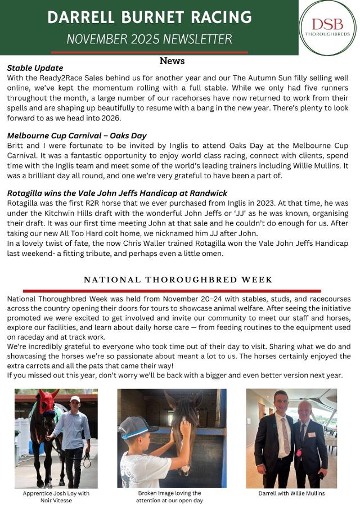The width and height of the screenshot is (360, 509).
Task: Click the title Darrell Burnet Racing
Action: click(x=149, y=17)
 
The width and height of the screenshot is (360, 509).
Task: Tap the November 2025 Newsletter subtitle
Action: click(x=149, y=39)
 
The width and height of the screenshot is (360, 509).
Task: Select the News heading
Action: click(x=172, y=61)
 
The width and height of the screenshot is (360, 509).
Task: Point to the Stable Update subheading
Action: click(x=35, y=68)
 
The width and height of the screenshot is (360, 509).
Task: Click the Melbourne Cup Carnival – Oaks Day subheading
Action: click(x=76, y=136)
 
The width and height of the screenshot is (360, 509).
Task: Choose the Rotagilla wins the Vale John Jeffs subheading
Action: click(x=117, y=193)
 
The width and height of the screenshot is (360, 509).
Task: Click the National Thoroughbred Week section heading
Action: click(x=178, y=280)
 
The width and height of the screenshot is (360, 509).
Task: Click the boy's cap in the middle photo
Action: click(x=136, y=428)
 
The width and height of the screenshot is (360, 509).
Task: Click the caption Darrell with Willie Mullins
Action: click(x=291, y=493)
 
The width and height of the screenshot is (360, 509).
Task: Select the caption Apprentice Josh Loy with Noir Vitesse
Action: click(x=56, y=497)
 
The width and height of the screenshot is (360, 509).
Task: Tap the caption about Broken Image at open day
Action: click(x=171, y=497)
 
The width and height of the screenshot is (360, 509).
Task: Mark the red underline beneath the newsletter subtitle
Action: click(x=149, y=52)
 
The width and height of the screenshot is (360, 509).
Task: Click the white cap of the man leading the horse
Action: click(x=75, y=399)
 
